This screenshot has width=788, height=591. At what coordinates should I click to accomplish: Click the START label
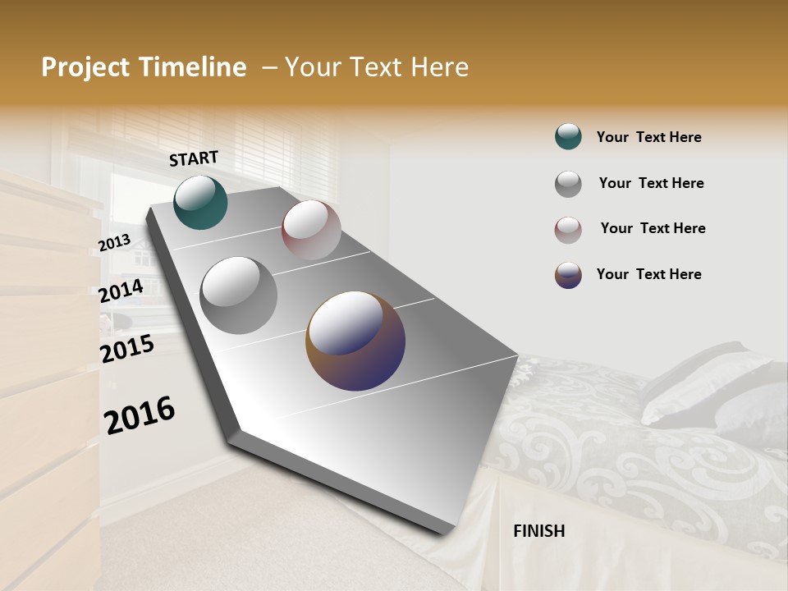point(194,158)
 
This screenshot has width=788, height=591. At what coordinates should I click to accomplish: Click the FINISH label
point(538,531)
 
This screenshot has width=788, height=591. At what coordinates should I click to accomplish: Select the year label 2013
point(114,242)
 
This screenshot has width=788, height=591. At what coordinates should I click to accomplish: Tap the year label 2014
point(121,291)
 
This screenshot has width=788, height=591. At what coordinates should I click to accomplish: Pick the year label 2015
point(126,349)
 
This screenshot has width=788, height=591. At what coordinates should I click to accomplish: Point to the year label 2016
point(140,415)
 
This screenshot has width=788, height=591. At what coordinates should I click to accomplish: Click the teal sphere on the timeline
point(200,202)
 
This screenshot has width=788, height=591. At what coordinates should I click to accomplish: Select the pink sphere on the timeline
point(311,230)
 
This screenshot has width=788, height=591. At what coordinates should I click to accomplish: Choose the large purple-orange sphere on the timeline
point(355,340)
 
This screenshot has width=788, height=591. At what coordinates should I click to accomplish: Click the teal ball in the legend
point(568,137)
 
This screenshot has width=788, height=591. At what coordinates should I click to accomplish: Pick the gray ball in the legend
point(568,184)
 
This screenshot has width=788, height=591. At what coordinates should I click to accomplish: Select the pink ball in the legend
point(568,230)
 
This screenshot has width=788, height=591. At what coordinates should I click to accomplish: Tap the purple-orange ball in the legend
point(568,275)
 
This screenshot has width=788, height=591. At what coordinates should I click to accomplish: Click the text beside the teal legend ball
point(648,137)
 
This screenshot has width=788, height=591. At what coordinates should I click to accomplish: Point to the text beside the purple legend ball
point(648,274)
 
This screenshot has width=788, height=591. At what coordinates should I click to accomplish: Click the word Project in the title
point(85,67)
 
